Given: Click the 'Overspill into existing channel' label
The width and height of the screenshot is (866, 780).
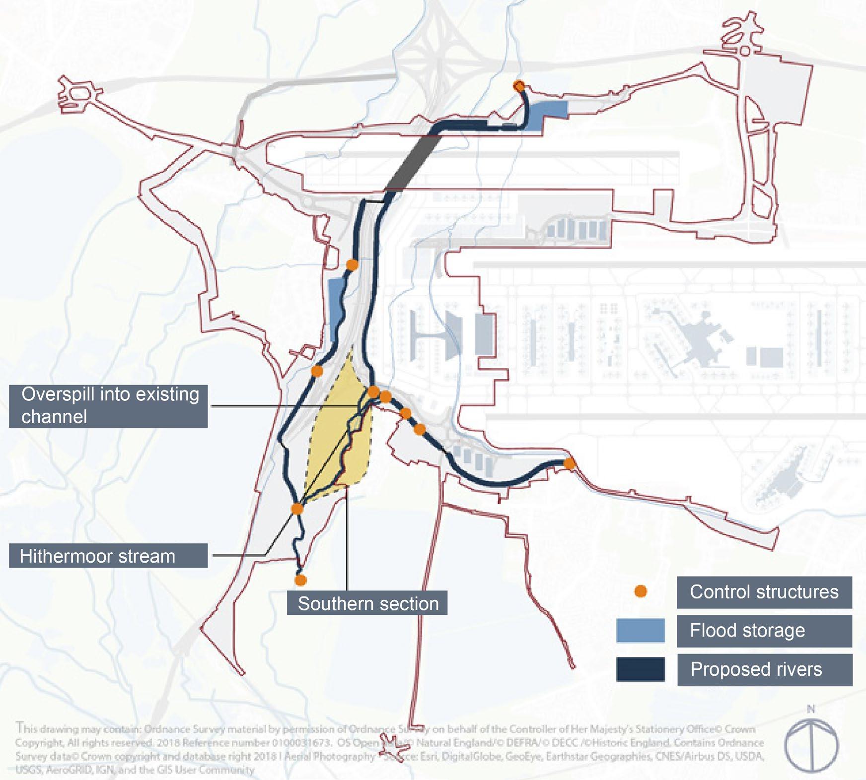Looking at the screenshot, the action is [108, 405].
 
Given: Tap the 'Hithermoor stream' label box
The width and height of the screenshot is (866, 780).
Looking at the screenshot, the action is [108, 556].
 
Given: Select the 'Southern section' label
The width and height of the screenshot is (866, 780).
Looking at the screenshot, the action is [367, 603].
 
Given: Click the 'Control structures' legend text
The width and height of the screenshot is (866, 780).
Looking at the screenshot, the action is [764, 591].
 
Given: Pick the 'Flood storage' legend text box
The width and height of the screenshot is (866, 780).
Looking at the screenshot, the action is [764, 631].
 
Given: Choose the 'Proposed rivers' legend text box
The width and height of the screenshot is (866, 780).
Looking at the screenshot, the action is [764, 669].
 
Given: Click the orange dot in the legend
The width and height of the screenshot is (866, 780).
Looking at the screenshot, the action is [641, 591].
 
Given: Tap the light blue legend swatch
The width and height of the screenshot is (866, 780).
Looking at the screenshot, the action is [640, 631].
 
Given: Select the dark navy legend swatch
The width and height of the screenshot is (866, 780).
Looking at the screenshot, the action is [640, 669].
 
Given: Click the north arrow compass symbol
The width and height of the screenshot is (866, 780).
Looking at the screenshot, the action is [811, 744].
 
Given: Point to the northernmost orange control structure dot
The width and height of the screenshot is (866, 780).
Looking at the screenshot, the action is [518, 85].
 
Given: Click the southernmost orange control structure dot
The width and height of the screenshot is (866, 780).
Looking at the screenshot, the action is [300, 580].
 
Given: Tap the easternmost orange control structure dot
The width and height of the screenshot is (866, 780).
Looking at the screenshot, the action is [569, 464].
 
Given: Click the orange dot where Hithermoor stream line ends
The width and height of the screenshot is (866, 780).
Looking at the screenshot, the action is [297, 509].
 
